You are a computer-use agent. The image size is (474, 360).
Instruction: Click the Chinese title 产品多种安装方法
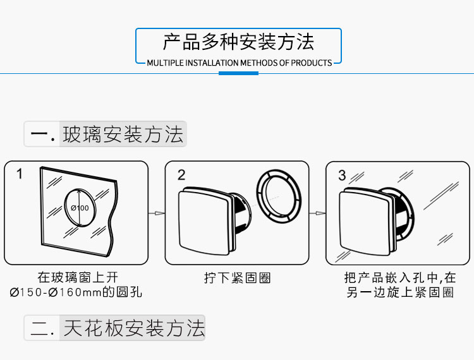coord(238,42)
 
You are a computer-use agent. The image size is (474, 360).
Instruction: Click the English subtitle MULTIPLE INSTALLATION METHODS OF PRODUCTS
coord(240,63)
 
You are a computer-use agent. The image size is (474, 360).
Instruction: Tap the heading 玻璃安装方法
coord(123,134)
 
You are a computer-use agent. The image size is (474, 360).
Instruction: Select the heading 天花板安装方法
coord(134,328)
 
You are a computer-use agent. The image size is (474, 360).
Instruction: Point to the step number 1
coord(20,174)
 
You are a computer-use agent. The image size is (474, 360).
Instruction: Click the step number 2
coord(181,175)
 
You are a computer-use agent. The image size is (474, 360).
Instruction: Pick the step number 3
coord(342,175)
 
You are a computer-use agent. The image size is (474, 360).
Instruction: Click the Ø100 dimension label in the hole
coord(80,208)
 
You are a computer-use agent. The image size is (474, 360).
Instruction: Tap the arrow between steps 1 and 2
coord(157,213)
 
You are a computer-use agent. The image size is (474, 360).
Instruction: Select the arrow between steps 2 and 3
coord(317,213)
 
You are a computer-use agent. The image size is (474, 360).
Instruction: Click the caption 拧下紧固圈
coord(237,278)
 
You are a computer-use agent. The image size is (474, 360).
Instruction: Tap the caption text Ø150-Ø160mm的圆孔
coord(76,292)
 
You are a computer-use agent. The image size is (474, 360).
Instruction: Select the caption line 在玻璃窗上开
coord(78,277)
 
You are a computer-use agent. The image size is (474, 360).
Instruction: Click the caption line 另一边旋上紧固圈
coord(400,292)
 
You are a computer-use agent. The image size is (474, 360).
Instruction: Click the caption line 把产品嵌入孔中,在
coord(400,277)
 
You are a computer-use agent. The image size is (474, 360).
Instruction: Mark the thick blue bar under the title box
coord(238,73)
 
